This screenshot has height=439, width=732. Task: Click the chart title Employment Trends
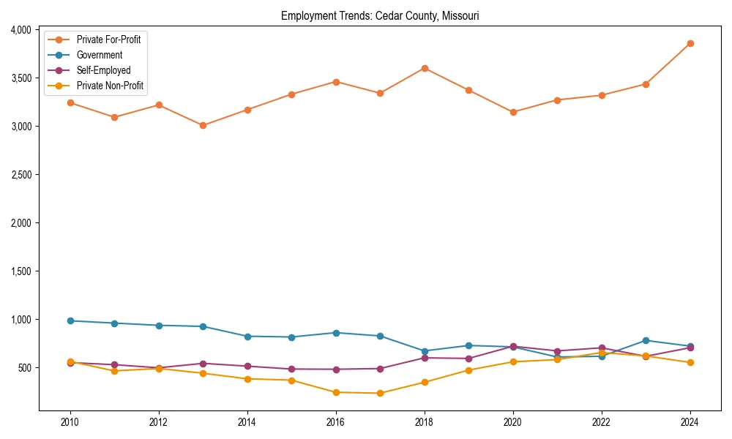[x=380, y=16]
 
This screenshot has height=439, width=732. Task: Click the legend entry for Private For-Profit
[x=108, y=40]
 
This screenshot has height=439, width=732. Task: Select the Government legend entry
[x=100, y=55]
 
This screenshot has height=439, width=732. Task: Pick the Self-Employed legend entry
[x=103, y=70]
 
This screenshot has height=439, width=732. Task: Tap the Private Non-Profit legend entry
[x=110, y=86]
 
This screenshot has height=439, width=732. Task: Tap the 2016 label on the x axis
[x=336, y=422]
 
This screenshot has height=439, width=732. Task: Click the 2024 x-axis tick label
[x=690, y=422]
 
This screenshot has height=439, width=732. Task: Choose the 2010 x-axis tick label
[x=70, y=422]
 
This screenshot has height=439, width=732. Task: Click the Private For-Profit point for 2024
[x=690, y=43]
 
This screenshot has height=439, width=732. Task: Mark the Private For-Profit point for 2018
[x=425, y=68]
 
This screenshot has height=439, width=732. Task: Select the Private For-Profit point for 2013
[x=203, y=125]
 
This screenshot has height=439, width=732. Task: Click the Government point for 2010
[x=70, y=320]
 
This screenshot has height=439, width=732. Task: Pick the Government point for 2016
[x=336, y=333]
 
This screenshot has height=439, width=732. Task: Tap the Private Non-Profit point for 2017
[x=380, y=393]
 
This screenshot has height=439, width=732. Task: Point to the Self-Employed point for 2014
[x=247, y=366]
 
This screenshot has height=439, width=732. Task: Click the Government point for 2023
[x=646, y=340]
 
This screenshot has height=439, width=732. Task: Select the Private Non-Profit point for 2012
[x=159, y=369]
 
